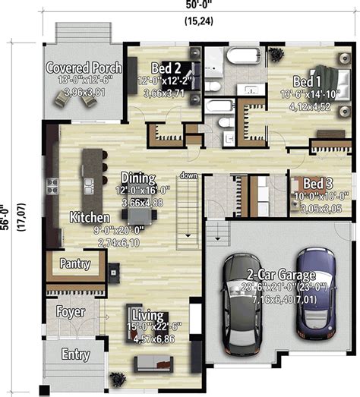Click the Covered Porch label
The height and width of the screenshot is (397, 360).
[84, 68]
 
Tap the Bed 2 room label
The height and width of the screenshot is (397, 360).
[166, 67]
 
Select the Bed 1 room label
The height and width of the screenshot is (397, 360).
[307, 81]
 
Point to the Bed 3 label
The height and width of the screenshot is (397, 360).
[317, 183]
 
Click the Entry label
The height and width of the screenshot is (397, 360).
[75, 354]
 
